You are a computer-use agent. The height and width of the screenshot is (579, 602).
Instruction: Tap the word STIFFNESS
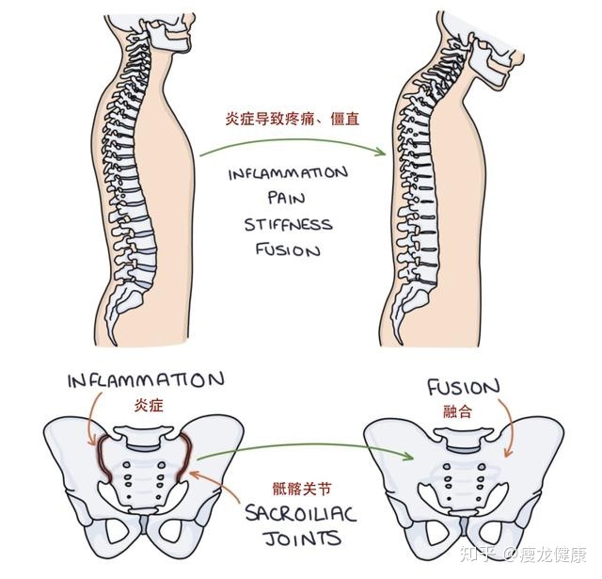tap(289, 224)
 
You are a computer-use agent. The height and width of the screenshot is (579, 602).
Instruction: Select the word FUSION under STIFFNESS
tap(288, 250)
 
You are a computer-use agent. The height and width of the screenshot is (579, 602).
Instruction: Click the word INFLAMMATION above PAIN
tap(289, 173)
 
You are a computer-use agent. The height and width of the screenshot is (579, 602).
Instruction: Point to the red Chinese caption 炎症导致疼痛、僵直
tap(293, 120)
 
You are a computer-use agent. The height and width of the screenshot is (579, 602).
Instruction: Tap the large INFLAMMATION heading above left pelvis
tap(146, 380)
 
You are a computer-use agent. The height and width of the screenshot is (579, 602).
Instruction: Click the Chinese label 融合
tap(457, 411)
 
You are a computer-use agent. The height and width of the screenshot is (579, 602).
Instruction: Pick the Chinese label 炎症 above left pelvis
tap(149, 405)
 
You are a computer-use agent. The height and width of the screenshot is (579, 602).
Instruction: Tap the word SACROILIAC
tap(301, 514)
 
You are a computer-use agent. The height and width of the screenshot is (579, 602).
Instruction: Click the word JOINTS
tap(303, 539)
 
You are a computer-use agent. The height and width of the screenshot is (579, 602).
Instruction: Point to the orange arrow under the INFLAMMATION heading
tap(91, 417)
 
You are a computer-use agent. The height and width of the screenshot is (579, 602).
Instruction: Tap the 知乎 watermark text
tap(477, 555)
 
